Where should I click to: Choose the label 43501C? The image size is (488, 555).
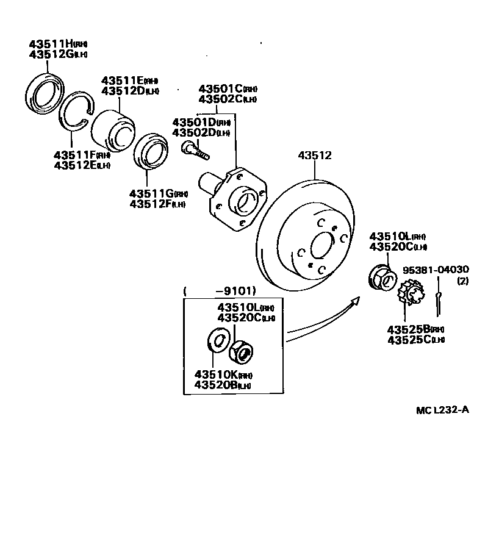pyautogui.click(x=220, y=89)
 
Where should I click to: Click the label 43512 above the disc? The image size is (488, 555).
pyautogui.click(x=315, y=156)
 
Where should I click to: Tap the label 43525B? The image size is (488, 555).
pyautogui.click(x=407, y=329)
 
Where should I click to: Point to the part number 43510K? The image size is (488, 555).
pyautogui.click(x=215, y=374)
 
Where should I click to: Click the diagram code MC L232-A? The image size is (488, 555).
pyautogui.click(x=442, y=410)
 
